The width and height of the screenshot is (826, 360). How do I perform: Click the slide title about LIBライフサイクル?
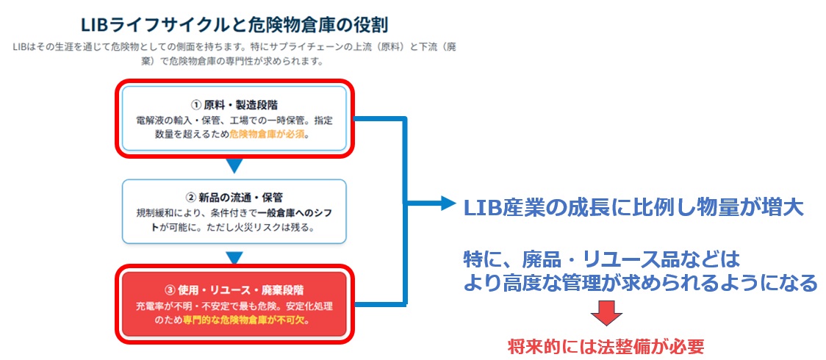point(234,25)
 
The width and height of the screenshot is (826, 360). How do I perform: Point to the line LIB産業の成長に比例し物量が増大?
point(633,208)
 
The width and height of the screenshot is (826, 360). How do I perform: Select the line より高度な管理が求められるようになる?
point(640,284)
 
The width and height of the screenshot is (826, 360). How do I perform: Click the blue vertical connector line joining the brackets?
point(405,212)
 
